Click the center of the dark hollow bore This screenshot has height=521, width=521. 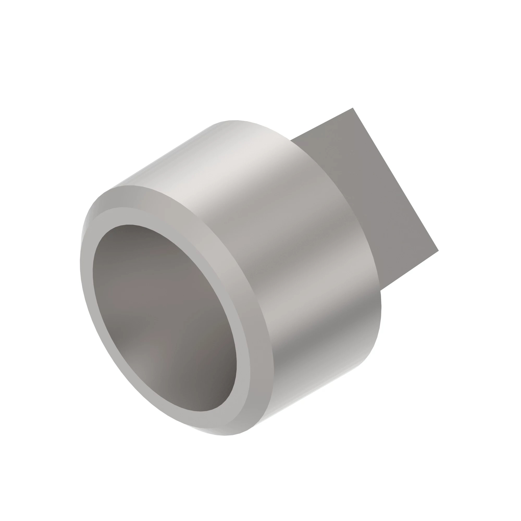click(x=164, y=318)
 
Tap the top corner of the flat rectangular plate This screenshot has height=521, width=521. click(x=352, y=108)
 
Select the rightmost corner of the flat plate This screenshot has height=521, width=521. click(x=438, y=251)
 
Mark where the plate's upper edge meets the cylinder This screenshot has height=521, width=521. click(x=291, y=140)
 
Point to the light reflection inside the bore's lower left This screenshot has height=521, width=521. click(x=140, y=367)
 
